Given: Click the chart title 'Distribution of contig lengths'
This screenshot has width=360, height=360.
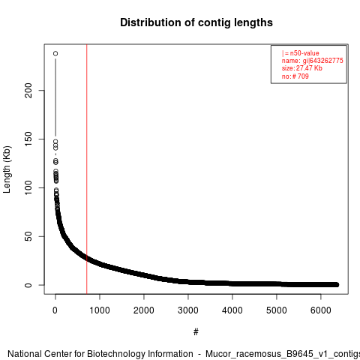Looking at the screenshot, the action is (x=196, y=22).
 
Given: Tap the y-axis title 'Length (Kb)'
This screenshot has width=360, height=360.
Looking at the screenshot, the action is (x=7, y=169).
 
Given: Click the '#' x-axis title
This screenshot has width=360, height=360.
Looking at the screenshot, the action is (x=196, y=332).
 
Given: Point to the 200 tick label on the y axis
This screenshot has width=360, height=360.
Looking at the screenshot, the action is (x=28, y=91).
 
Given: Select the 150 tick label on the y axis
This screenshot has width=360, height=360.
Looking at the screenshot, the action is (x=28, y=139).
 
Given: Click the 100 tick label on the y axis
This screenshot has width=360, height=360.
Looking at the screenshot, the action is (x=28, y=187).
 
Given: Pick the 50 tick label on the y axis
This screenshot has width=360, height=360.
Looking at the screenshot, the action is (x=28, y=236).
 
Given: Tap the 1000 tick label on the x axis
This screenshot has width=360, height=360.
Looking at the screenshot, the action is (x=100, y=310).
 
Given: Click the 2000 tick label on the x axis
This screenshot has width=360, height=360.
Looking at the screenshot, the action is (x=144, y=310).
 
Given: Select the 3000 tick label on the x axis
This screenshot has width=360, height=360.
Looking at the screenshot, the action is (x=188, y=310).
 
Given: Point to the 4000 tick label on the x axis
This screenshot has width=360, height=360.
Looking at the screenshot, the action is (x=232, y=310).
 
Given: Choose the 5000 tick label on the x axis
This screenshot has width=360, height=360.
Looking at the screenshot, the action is (x=277, y=310).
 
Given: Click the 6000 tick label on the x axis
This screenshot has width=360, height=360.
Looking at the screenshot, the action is (x=321, y=310).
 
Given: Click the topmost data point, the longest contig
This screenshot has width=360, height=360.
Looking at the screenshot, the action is (x=55, y=53).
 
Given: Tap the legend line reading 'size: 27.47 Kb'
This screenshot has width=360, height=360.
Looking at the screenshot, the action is (x=302, y=68).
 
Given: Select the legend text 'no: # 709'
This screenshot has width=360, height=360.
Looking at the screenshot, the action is (x=295, y=76).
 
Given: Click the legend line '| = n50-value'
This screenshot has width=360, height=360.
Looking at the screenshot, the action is (x=301, y=53).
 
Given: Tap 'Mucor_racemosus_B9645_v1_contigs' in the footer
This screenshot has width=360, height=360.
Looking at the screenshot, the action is (x=283, y=355).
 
